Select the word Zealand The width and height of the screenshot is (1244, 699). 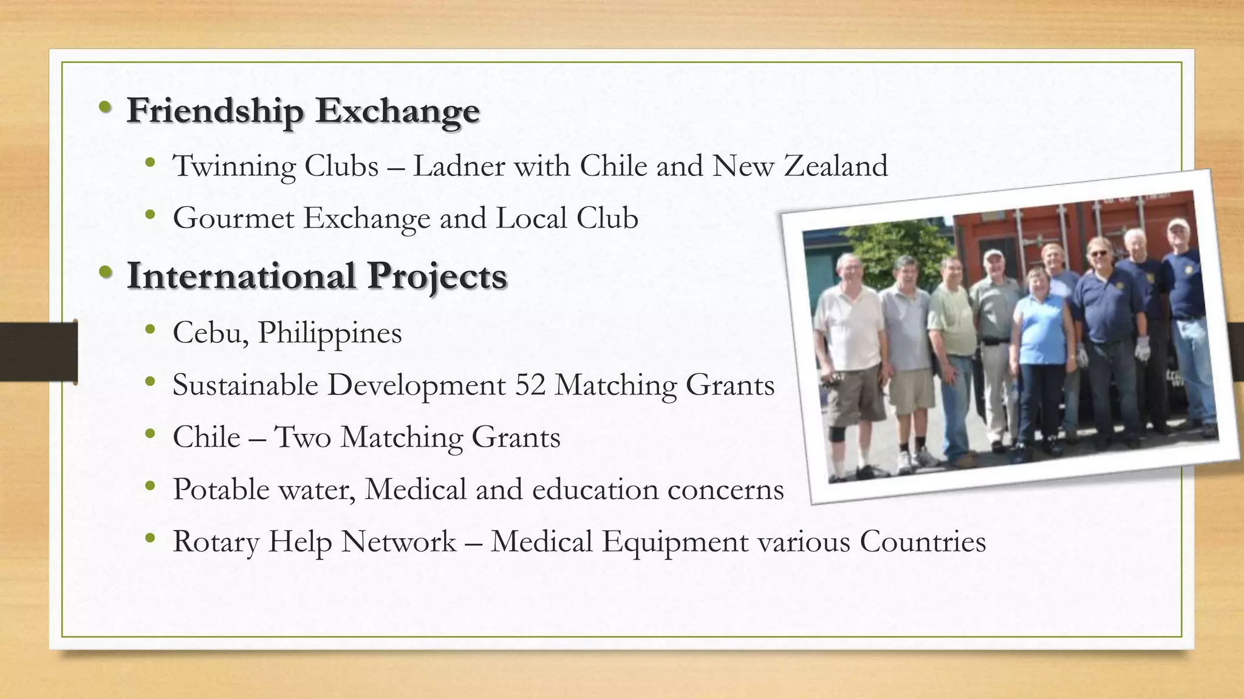coord(836,166)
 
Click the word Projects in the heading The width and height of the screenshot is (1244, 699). coord(437,275)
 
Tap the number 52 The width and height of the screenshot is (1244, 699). coord(530,385)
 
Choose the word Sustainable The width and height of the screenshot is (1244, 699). coord(245,385)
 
